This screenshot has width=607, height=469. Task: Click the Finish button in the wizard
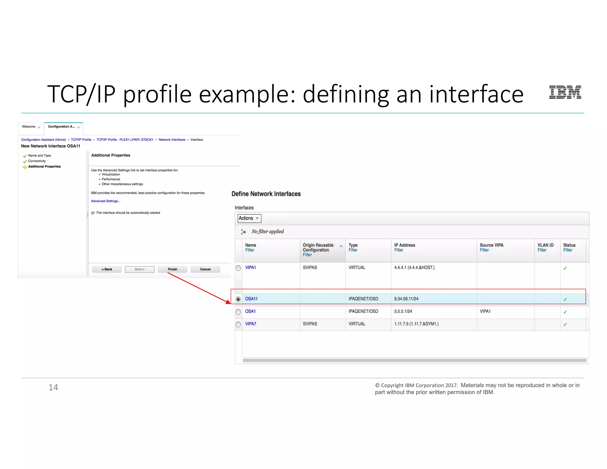pyautogui.click(x=172, y=269)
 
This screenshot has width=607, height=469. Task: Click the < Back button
pyautogui.click(x=107, y=269)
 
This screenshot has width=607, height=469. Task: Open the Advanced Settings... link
pyautogui.click(x=106, y=201)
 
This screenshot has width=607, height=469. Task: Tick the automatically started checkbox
pyautogui.click(x=93, y=213)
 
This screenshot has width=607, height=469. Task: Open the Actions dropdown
pyautogui.click(x=249, y=218)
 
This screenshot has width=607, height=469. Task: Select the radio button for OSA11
pyautogui.click(x=238, y=299)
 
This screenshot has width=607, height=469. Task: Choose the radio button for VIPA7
pyautogui.click(x=238, y=324)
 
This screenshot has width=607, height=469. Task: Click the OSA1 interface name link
pyautogui.click(x=250, y=311)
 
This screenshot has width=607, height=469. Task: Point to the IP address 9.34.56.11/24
pyautogui.click(x=406, y=299)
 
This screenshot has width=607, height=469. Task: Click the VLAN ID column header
pyautogui.click(x=545, y=245)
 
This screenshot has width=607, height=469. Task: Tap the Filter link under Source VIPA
pyautogui.click(x=484, y=250)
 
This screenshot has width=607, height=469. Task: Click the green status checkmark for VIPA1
pyautogui.click(x=565, y=268)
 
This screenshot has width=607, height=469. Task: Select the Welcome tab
pyautogui.click(x=29, y=127)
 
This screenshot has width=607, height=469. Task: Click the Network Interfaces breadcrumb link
pyautogui.click(x=172, y=140)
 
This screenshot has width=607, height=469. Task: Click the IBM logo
pyautogui.click(x=565, y=92)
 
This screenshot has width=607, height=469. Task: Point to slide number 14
pyautogui.click(x=53, y=387)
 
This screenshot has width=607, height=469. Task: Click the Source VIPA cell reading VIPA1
pyautogui.click(x=485, y=311)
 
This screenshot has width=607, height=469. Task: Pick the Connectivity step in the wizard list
pyautogui.click(x=37, y=161)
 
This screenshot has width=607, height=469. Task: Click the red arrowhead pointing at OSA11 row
pyautogui.click(x=228, y=302)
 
